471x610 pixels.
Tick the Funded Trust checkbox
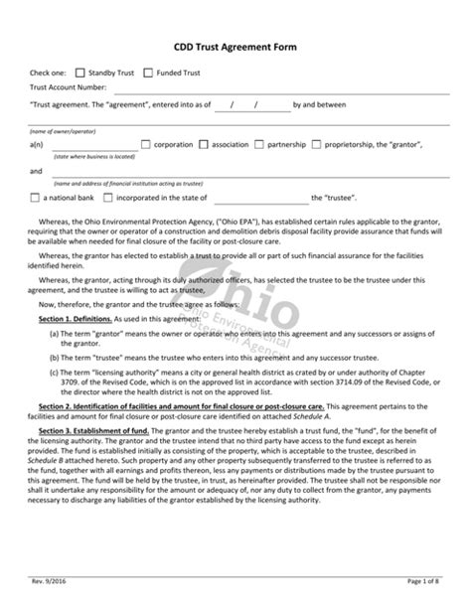point(148,73)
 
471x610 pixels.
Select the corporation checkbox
point(146,144)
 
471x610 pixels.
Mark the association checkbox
point(203,144)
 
